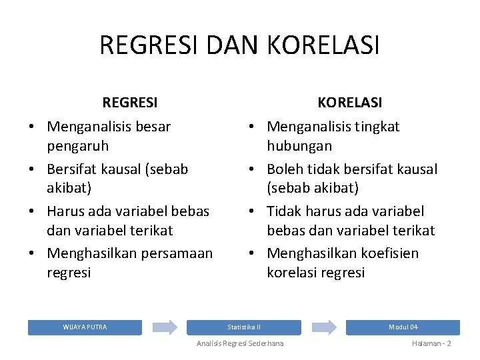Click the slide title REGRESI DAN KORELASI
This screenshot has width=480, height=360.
click(x=239, y=45)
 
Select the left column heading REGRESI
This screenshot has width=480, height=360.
click(x=130, y=103)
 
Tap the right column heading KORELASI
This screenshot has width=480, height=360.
click(x=350, y=103)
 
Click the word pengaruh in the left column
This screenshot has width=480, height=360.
click(x=77, y=145)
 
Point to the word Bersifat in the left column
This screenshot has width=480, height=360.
click(x=73, y=169)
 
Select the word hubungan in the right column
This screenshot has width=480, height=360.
click(x=299, y=145)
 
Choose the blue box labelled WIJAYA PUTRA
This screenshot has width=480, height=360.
click(x=85, y=327)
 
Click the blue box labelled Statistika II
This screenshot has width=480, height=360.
click(x=244, y=327)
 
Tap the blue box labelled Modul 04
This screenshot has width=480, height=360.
click(x=403, y=327)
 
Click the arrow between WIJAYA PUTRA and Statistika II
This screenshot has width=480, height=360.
click(x=165, y=327)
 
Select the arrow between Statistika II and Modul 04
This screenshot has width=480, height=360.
click(x=324, y=327)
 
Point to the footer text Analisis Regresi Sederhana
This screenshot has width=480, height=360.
click(x=240, y=343)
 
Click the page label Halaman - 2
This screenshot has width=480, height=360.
click(x=431, y=343)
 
